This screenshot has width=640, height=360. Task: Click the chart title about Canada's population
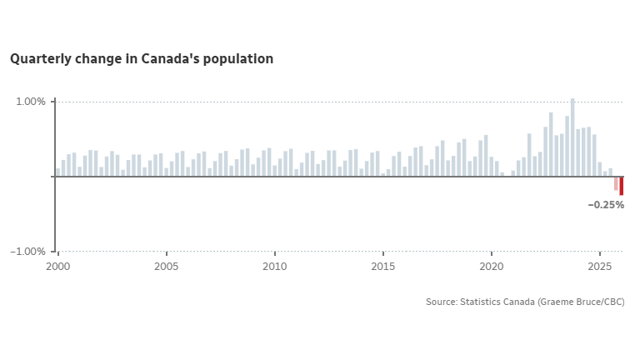pyautogui.click(x=142, y=59)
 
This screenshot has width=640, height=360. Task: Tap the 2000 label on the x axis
pyautogui.click(x=57, y=267)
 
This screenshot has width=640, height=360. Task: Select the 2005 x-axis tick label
pyautogui.click(x=167, y=267)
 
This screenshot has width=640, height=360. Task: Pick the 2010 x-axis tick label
pyautogui.click(x=275, y=267)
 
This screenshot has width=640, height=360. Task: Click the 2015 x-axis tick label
pyautogui.click(x=383, y=267)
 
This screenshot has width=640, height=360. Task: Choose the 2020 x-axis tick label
pyautogui.click(x=492, y=267)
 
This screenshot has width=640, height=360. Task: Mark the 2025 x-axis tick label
pyautogui.click(x=600, y=267)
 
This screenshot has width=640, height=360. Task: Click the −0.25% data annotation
pyautogui.click(x=606, y=205)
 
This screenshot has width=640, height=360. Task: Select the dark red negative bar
pyautogui.click(x=622, y=186)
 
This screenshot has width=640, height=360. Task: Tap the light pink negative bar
pyautogui.click(x=616, y=183)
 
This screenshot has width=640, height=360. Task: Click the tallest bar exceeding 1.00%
pyautogui.click(x=572, y=137)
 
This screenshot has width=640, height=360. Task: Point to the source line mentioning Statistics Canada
pyautogui.click(x=525, y=302)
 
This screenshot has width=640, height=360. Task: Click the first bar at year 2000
pyautogui.click(x=58, y=172)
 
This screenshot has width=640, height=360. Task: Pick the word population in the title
pyautogui.click(x=241, y=59)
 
